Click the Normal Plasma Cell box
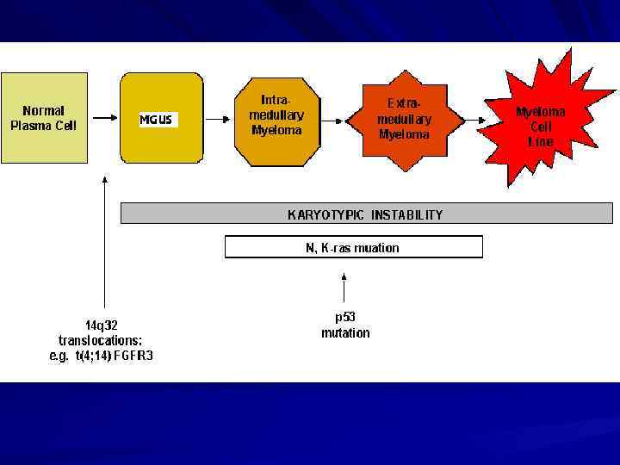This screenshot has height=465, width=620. point(44,118)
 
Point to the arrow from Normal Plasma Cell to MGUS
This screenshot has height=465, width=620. point(104,119)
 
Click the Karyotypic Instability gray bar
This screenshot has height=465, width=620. point(366,214)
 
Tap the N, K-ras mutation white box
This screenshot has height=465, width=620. point(353,247)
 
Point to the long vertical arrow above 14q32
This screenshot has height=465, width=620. point(104,241)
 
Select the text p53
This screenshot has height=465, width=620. point(345,317)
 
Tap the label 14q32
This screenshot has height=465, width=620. point(102,325)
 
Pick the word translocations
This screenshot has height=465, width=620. point(101,340)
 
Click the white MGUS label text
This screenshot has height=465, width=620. point(156,120)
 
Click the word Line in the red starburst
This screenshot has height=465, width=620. point(540,142)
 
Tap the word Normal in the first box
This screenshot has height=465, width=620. point(43,110)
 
